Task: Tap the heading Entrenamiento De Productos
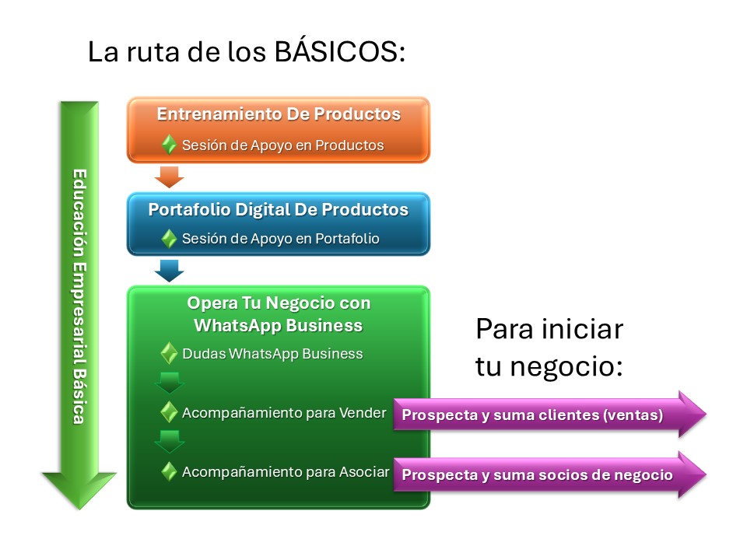pyautogui.click(x=279, y=114)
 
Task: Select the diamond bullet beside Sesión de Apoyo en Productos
pyautogui.click(x=169, y=145)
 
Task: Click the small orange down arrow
pyautogui.click(x=169, y=177)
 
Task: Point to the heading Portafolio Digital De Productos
pyautogui.click(x=279, y=209)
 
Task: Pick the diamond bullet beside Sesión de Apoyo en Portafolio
pyautogui.click(x=169, y=239)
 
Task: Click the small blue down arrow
pyautogui.click(x=169, y=271)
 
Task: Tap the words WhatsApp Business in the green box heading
pyautogui.click(x=279, y=325)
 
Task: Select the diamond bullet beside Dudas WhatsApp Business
pyautogui.click(x=169, y=353)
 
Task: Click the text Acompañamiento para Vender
pyautogui.click(x=284, y=413)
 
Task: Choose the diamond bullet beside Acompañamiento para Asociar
pyautogui.click(x=169, y=471)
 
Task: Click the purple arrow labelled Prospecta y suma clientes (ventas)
pyautogui.click(x=549, y=415)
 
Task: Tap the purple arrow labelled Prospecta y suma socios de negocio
pyautogui.click(x=549, y=474)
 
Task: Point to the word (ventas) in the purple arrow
pyautogui.click(x=633, y=415)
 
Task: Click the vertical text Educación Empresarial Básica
pyautogui.click(x=79, y=296)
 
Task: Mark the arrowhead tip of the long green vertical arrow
pyautogui.click(x=79, y=509)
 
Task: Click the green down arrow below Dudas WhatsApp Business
pyautogui.click(x=169, y=383)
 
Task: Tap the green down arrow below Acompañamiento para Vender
pyautogui.click(x=169, y=442)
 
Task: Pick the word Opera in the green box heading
pyautogui.click(x=212, y=303)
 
